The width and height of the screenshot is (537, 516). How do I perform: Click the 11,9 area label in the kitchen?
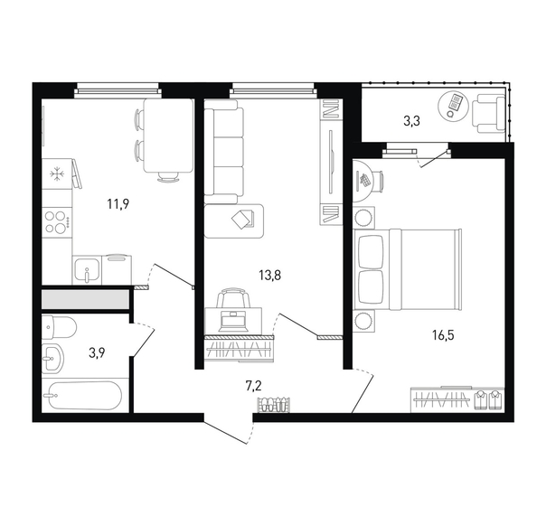coord(118,204)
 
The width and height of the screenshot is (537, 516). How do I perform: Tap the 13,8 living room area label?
coord(270,275)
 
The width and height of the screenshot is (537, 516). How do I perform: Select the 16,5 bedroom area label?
coord(443,335)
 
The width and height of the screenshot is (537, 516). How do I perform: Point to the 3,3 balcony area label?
coord(411,121)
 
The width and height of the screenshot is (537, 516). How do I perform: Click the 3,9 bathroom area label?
coord(97,352)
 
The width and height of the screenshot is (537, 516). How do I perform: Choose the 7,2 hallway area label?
coord(254,386)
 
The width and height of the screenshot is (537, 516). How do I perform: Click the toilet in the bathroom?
coord(59,327)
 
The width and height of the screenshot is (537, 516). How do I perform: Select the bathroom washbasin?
coord(53,359)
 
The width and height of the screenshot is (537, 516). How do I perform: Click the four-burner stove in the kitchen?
coord(57,222)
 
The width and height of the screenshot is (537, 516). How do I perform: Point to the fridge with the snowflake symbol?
coord(57,174)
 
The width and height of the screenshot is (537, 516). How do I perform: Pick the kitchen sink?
coord(87,270)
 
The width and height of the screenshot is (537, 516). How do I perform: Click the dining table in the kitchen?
coord(168,136)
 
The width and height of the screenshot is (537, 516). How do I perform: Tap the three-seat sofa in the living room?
coord(224,152)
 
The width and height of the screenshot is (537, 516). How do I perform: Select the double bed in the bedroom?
coord(408,270)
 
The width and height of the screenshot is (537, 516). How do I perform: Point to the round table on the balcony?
coord(452,106)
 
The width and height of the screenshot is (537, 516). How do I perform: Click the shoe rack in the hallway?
coord(275,404)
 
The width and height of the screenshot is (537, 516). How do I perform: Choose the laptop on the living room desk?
coord(233,322)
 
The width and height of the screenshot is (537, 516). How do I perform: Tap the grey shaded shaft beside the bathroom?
coord(85,300)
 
